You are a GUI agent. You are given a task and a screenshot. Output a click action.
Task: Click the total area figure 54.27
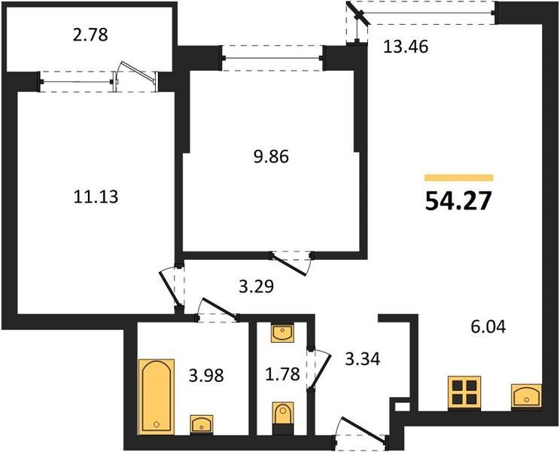(458, 201)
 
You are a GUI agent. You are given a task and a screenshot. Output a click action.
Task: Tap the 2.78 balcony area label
(90, 35)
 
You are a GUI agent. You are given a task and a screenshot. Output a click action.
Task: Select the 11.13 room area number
(96, 197)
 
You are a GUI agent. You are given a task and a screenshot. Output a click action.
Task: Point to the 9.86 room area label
(271, 157)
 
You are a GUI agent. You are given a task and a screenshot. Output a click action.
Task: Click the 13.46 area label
(406, 47)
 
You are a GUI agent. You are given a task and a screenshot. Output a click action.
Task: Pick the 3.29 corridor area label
(256, 286)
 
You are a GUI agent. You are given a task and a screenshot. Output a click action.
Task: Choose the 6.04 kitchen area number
(488, 327)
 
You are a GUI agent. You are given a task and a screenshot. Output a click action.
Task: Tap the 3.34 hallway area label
(363, 359)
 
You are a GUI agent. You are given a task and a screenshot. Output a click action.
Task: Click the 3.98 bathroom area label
(206, 375)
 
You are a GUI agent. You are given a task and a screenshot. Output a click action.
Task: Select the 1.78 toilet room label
(282, 374)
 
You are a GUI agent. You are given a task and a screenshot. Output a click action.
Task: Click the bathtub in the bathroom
(157, 396)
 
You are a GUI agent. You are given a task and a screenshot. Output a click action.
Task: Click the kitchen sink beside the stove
(526, 395)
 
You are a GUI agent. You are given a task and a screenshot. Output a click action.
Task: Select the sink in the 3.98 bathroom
(202, 424)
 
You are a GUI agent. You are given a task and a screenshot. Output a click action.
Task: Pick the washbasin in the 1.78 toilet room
(282, 333)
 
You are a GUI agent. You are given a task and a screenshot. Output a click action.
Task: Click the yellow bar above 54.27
(459, 178)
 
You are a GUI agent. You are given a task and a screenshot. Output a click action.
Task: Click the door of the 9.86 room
(291, 264)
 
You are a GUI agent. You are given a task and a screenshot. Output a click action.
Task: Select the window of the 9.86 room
(272, 58)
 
